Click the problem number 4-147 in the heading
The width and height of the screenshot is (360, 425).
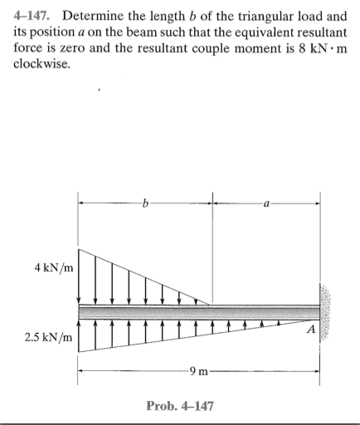pyautogui.click(x=33, y=16)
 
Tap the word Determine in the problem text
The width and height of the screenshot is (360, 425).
pyautogui.click(x=95, y=16)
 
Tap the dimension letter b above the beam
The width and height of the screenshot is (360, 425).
pyautogui.click(x=145, y=202)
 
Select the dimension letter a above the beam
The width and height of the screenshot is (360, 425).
pyautogui.click(x=265, y=202)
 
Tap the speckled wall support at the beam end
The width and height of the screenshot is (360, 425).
pyautogui.click(x=325, y=312)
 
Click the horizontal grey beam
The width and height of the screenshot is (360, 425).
pyautogui.click(x=199, y=311)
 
